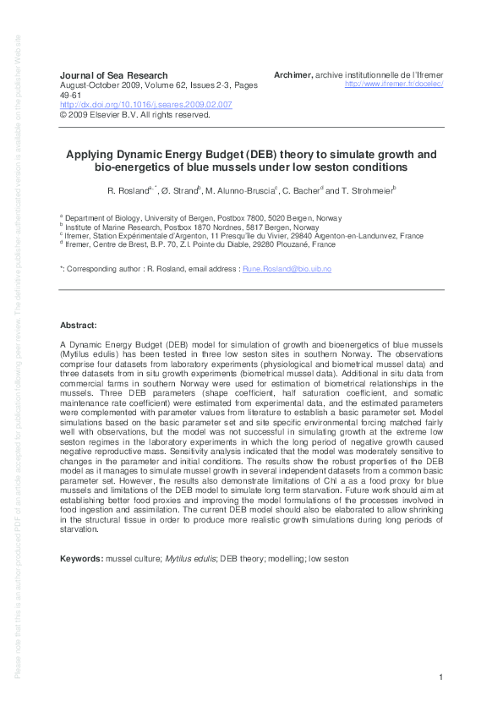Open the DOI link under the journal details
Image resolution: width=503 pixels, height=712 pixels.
point(145,105)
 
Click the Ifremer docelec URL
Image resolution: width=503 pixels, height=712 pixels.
point(395,85)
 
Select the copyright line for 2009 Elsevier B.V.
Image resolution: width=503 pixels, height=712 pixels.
point(134,115)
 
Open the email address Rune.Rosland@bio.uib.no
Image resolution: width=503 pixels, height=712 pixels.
point(287,268)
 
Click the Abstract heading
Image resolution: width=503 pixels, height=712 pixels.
point(79,326)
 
